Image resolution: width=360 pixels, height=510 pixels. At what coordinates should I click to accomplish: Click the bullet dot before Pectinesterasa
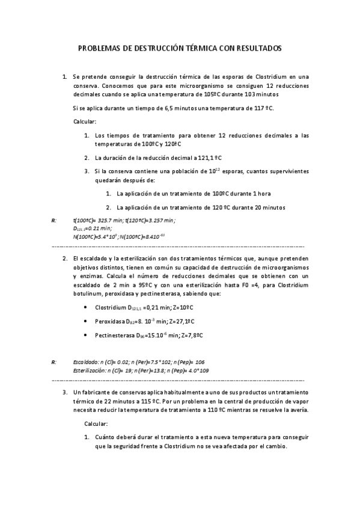click(89, 335)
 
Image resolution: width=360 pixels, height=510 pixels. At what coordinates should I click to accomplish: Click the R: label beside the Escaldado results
click(54, 362)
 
